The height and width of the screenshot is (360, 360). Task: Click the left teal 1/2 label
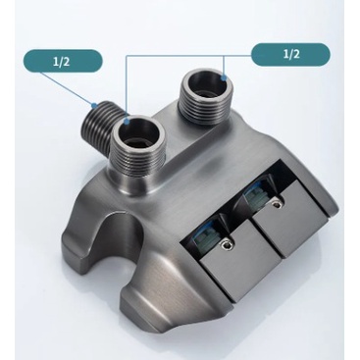61,61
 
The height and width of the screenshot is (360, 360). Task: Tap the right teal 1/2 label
290,54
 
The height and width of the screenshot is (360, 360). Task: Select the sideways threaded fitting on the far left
97,123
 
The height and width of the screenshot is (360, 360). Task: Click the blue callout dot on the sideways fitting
94,105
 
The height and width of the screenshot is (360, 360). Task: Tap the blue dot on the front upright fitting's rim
126,123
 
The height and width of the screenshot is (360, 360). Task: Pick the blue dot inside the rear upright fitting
224,77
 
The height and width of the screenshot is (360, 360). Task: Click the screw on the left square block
226,244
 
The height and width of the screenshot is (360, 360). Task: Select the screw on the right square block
277,204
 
